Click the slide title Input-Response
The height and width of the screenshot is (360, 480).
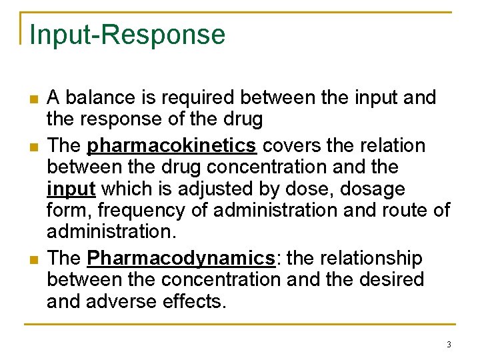coord(127,35)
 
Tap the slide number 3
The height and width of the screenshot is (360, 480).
coord(449,345)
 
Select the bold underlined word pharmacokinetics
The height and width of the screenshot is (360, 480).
coord(171,145)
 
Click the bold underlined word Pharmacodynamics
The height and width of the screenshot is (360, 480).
coord(182,258)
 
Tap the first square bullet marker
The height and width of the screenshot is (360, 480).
coord(31,100)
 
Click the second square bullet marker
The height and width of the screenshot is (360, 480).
coord(31,147)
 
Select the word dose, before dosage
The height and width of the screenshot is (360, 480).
coord(311,189)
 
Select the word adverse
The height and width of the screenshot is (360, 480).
coord(125,302)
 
